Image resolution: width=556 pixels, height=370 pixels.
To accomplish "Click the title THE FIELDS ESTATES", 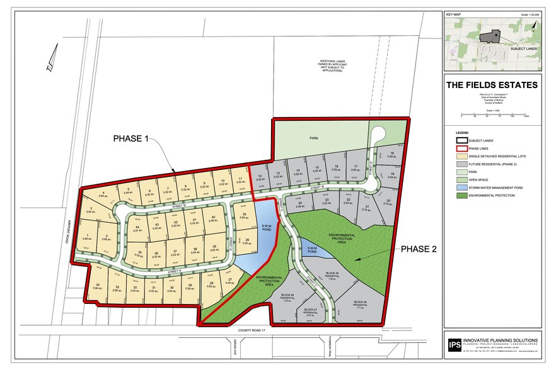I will coord(492,85).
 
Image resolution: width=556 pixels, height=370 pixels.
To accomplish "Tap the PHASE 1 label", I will coord(132,138).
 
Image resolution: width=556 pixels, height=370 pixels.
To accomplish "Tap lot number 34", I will coord(98,286).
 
